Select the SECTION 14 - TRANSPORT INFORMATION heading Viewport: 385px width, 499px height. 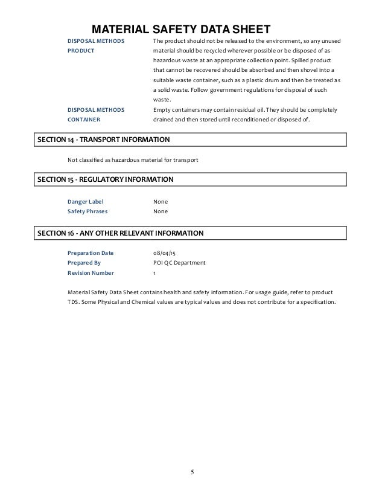103,140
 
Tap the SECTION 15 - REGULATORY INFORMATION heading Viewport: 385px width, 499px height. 106,180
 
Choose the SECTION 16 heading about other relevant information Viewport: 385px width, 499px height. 120,233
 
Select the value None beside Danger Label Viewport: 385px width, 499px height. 161,201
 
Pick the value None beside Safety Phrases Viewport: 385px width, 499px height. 161,211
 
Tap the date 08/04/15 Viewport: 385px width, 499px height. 165,253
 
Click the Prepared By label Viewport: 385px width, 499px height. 84,263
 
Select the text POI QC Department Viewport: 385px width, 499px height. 179,263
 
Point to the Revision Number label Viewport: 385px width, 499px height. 91,274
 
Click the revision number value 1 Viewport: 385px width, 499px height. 154,274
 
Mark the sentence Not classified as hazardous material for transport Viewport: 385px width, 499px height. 133,160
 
